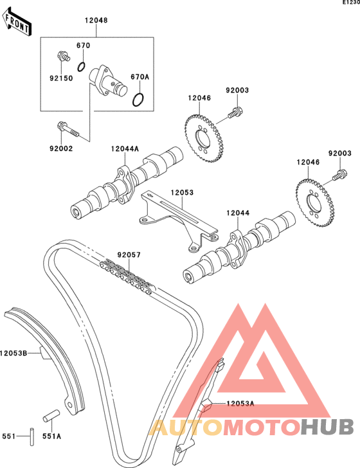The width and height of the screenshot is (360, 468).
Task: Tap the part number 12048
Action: [x=96, y=21]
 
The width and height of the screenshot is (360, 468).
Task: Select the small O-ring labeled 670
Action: [x=82, y=67]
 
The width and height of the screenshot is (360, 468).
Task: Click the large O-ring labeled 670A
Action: [x=138, y=100]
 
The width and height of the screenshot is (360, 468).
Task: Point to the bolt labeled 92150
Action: [x=63, y=56]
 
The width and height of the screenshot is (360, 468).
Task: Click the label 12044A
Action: [x=125, y=148]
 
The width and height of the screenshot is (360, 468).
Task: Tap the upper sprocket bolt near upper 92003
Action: [x=235, y=113]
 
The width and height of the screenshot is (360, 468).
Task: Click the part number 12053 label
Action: [x=182, y=192]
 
